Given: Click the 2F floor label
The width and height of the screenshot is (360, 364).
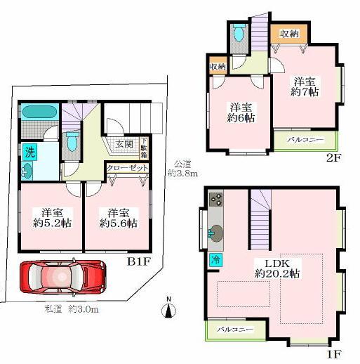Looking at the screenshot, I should click(x=333, y=157).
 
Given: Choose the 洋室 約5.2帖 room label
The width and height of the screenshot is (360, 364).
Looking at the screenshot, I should click(x=50, y=218).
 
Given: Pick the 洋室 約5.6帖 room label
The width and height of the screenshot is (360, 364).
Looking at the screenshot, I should click(x=117, y=218).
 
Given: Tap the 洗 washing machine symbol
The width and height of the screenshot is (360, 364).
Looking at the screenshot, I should click(x=30, y=150).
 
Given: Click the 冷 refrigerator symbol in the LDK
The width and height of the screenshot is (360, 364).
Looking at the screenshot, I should click(x=215, y=259).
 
